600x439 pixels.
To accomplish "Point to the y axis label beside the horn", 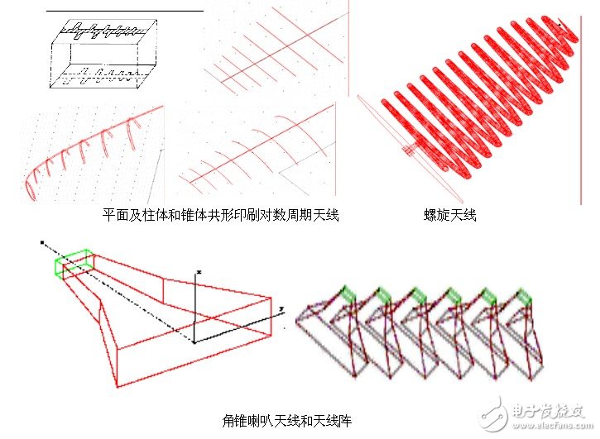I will tap(281, 308).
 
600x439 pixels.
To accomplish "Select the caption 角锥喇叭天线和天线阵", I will tap(288, 421).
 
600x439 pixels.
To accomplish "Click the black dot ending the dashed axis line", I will tap(41, 243).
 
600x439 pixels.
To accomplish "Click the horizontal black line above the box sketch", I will tap(124, 11).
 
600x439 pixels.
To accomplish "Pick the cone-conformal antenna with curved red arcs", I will tap(257, 149).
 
